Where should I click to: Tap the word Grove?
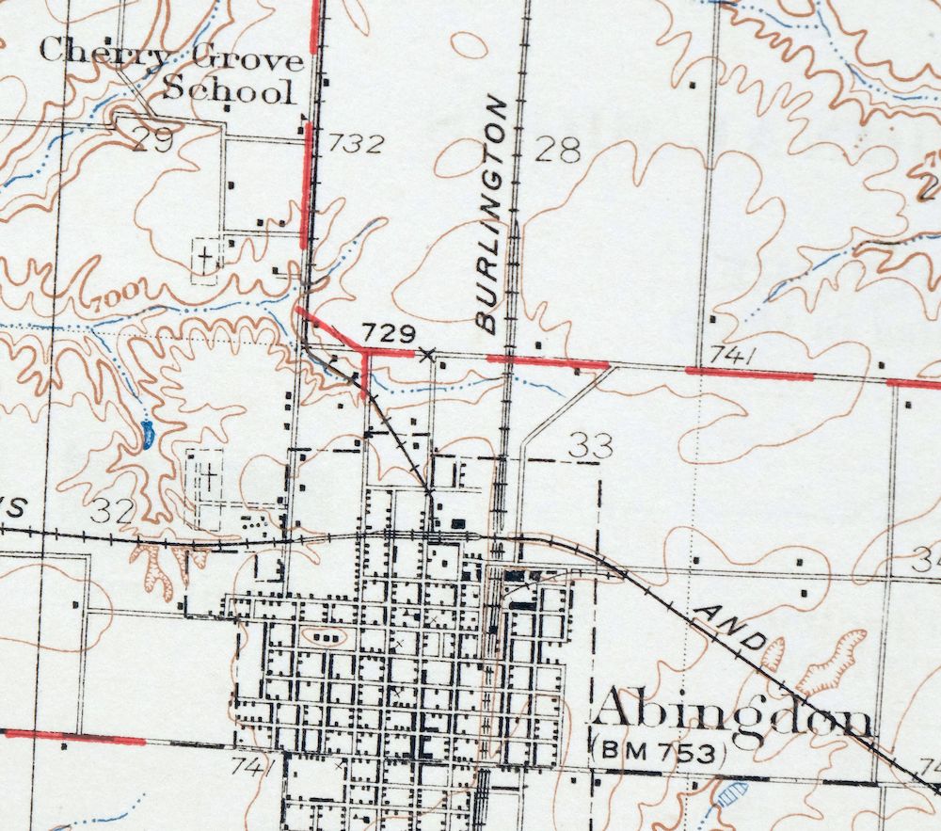tap(247, 62)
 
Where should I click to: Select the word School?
tap(227, 91)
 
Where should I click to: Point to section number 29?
tap(153, 141)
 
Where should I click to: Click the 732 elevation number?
tap(359, 144)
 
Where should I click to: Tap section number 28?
tap(557, 151)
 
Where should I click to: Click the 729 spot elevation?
tap(390, 332)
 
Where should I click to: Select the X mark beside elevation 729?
tap(428, 354)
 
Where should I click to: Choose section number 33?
tap(591, 446)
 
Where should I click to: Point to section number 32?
tap(115, 511)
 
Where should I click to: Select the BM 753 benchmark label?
tap(661, 753)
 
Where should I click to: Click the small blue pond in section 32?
tap(147, 435)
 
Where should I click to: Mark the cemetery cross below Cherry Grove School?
tap(204, 255)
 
